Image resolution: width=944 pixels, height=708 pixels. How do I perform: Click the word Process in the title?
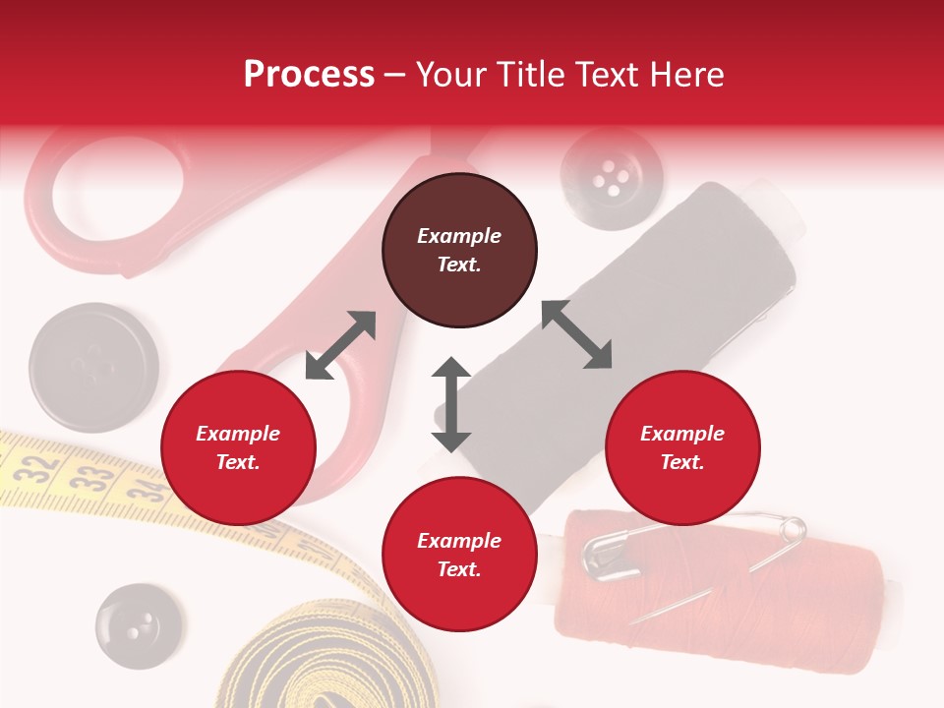[x=309, y=75]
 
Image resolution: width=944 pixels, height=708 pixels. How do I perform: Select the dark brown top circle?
[x=459, y=251]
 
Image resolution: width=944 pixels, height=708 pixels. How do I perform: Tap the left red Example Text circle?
[x=238, y=448]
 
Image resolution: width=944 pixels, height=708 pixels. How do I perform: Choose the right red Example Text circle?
[x=682, y=448]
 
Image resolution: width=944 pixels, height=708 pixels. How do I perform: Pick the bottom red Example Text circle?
[x=459, y=555]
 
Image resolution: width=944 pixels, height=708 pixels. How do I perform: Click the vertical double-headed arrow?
[x=451, y=404]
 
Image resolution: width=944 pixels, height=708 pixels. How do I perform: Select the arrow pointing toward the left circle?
[x=340, y=345]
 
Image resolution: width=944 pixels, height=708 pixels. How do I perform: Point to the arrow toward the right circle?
[x=577, y=334]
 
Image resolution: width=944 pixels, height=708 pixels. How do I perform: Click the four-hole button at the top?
[x=612, y=177]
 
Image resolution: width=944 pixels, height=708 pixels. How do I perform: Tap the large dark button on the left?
[x=93, y=367]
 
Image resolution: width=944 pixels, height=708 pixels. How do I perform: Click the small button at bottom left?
[x=139, y=626]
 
